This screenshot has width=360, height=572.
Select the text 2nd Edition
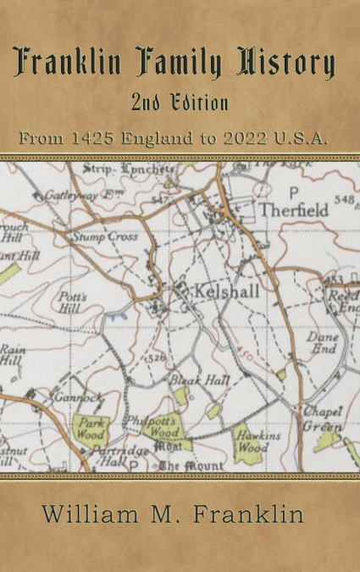[x=180, y=104]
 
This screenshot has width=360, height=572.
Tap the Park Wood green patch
[x=90, y=428]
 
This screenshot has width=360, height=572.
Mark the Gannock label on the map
[x=77, y=397]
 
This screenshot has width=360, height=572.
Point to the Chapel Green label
[x=324, y=419]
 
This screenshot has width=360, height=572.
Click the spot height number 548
[x=344, y=200]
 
